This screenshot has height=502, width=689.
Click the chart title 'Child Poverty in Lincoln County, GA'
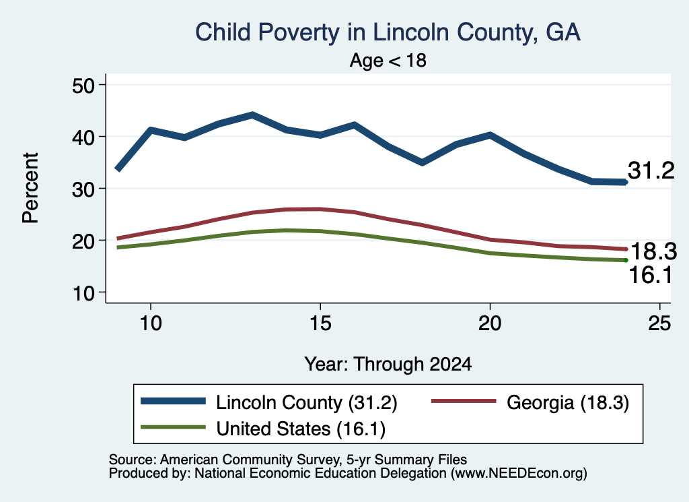click(x=388, y=33)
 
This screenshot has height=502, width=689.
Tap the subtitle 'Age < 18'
click(x=388, y=60)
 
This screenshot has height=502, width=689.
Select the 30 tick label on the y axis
click(x=83, y=189)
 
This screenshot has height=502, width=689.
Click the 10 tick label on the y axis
click(x=83, y=292)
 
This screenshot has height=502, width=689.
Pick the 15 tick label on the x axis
click(x=320, y=323)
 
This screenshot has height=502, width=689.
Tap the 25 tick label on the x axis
click(x=659, y=323)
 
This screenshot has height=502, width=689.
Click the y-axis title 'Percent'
click(x=30, y=188)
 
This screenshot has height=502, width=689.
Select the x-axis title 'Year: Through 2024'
click(x=388, y=365)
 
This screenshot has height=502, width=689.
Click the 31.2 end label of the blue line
click(x=651, y=170)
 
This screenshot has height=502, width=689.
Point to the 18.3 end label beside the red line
click(x=653, y=251)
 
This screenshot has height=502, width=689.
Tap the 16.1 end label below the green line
click(x=651, y=275)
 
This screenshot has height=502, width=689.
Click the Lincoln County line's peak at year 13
click(x=252, y=115)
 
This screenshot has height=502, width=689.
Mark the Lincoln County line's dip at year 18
click(x=423, y=163)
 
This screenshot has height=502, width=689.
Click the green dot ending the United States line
click(x=626, y=260)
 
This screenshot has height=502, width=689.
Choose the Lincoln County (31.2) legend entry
click(x=269, y=402)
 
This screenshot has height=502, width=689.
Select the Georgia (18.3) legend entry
click(x=530, y=402)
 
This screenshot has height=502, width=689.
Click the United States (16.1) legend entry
click(x=263, y=429)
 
